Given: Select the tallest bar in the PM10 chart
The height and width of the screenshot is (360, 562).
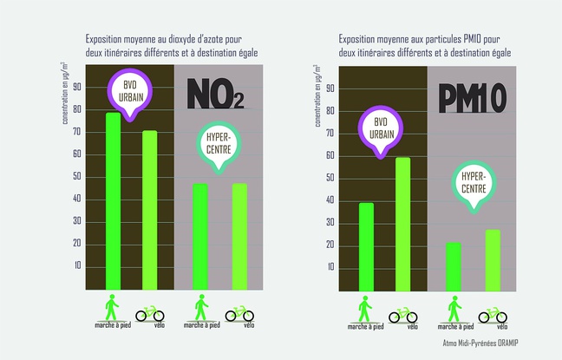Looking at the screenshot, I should point(402,224).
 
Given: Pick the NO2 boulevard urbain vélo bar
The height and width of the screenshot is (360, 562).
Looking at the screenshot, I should point(150,210).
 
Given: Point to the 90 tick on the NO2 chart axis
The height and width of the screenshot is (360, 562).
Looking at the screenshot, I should point(76,87).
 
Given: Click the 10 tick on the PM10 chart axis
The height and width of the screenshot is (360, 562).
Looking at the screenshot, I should point(330,266).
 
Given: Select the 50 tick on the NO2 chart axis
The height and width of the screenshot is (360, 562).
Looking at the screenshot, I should point(76,176).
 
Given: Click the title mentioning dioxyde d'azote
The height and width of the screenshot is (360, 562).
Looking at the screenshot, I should point(171,46).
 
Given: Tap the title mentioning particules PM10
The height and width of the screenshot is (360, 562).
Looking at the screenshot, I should point(425,46).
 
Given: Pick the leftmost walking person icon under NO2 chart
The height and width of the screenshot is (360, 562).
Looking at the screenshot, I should point(112,308).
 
